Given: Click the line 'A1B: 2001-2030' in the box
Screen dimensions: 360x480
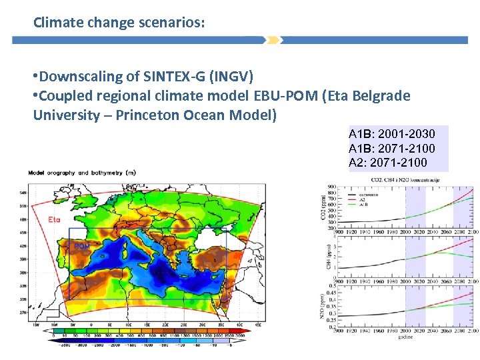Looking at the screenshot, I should coord(391,135).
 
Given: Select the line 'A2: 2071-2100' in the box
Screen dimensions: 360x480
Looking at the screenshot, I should coord(388,162).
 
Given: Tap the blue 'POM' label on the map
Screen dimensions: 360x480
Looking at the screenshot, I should coord(81,246).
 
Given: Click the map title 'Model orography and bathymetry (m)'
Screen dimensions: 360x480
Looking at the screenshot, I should coord(82,173).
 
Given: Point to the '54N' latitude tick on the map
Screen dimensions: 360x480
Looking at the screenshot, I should coord(23,193).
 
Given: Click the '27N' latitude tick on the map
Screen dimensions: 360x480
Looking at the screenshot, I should coord(23,312).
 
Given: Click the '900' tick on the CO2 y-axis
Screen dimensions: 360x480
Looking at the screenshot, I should coord(331,187).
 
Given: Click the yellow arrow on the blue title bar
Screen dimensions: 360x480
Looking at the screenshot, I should coord(273,40).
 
